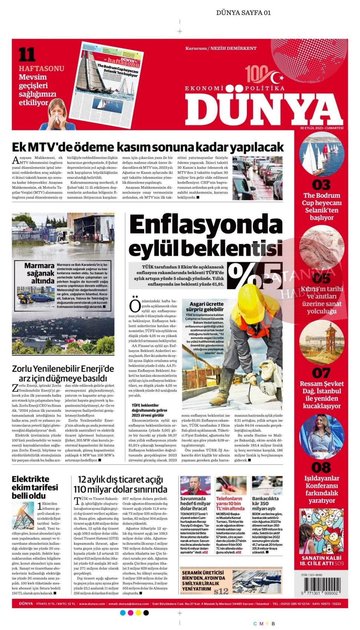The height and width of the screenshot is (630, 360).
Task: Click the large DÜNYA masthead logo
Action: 264,109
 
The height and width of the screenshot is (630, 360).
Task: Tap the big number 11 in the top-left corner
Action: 27,55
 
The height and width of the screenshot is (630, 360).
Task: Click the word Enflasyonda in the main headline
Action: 205,225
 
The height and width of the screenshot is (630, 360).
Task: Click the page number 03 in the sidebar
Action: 321,185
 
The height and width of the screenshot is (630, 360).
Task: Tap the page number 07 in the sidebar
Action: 321,372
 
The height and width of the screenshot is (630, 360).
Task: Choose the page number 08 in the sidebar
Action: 321,467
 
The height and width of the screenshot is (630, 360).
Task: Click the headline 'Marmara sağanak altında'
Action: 40,273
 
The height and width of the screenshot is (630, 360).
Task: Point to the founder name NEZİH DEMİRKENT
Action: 233,48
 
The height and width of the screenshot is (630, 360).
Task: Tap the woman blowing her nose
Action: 55,113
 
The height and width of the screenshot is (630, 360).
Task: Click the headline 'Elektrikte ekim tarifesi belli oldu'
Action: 35,487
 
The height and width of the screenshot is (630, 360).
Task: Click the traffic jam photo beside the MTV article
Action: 257,178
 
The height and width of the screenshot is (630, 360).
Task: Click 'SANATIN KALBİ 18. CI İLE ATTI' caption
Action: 321,560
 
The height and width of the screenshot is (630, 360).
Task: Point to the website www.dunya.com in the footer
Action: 92,604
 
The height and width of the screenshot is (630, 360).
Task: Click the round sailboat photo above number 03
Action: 321,154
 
